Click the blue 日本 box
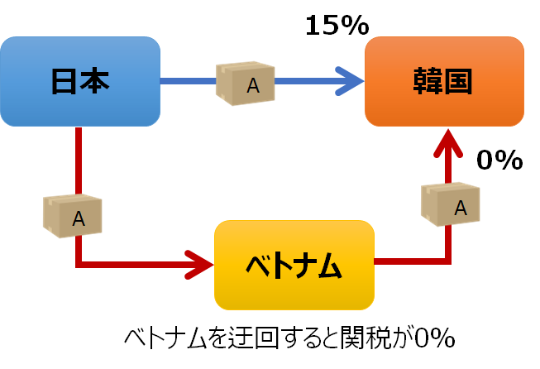80,81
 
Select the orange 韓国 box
445,81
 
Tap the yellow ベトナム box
294,265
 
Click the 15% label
337,26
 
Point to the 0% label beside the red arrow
499,161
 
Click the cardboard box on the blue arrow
245,83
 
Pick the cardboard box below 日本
72,215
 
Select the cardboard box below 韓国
451,205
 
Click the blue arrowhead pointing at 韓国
351,81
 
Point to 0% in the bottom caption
434,338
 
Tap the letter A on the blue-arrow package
253,85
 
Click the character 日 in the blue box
65,81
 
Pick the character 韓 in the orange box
429,81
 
